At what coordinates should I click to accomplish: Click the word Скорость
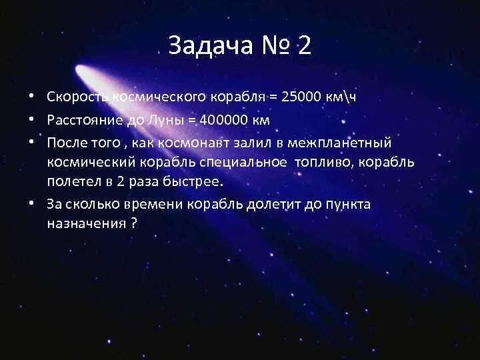click(75, 97)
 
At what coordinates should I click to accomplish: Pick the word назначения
click(85, 224)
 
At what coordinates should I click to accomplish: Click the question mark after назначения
click(134, 224)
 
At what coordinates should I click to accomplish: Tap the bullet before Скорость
click(31, 97)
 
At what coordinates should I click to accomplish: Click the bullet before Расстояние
click(31, 120)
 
